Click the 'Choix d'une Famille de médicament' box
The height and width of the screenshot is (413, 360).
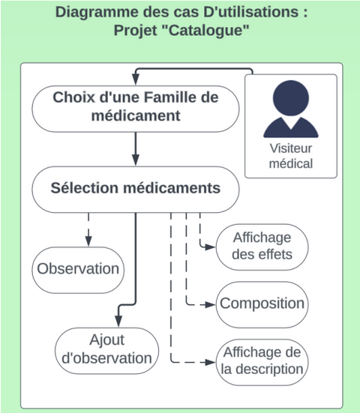tap(136, 109)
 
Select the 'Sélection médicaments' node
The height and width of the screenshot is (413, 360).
tap(136, 190)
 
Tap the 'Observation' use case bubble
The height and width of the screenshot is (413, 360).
tap(78, 270)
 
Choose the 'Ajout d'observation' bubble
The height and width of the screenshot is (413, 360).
tap(106, 351)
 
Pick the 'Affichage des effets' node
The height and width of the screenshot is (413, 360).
tap(262, 247)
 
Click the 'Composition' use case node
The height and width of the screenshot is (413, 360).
tap(262, 304)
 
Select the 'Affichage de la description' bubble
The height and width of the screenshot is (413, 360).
tap(262, 362)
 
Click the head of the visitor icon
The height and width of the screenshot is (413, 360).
tap(291, 98)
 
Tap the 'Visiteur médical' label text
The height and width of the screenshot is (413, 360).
tap(291, 156)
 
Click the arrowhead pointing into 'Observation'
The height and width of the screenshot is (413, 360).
tap(88, 241)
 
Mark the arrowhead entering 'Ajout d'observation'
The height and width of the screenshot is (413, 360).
tap(118, 322)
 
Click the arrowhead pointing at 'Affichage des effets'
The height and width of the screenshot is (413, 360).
tap(210, 247)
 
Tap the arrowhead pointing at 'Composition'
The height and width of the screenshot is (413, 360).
tap(210, 305)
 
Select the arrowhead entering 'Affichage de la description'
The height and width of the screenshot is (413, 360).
tap(210, 363)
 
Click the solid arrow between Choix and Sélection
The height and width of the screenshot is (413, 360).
tap(136, 149)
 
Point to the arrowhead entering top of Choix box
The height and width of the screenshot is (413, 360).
tap(136, 79)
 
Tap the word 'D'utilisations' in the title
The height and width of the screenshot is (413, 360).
tap(251, 12)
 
